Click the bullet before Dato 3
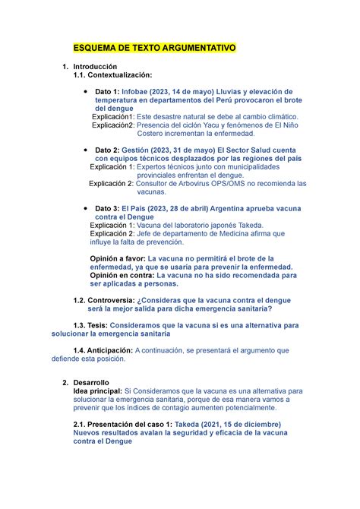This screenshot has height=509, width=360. coord(83,208)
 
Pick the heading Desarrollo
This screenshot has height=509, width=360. coord(90,382)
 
